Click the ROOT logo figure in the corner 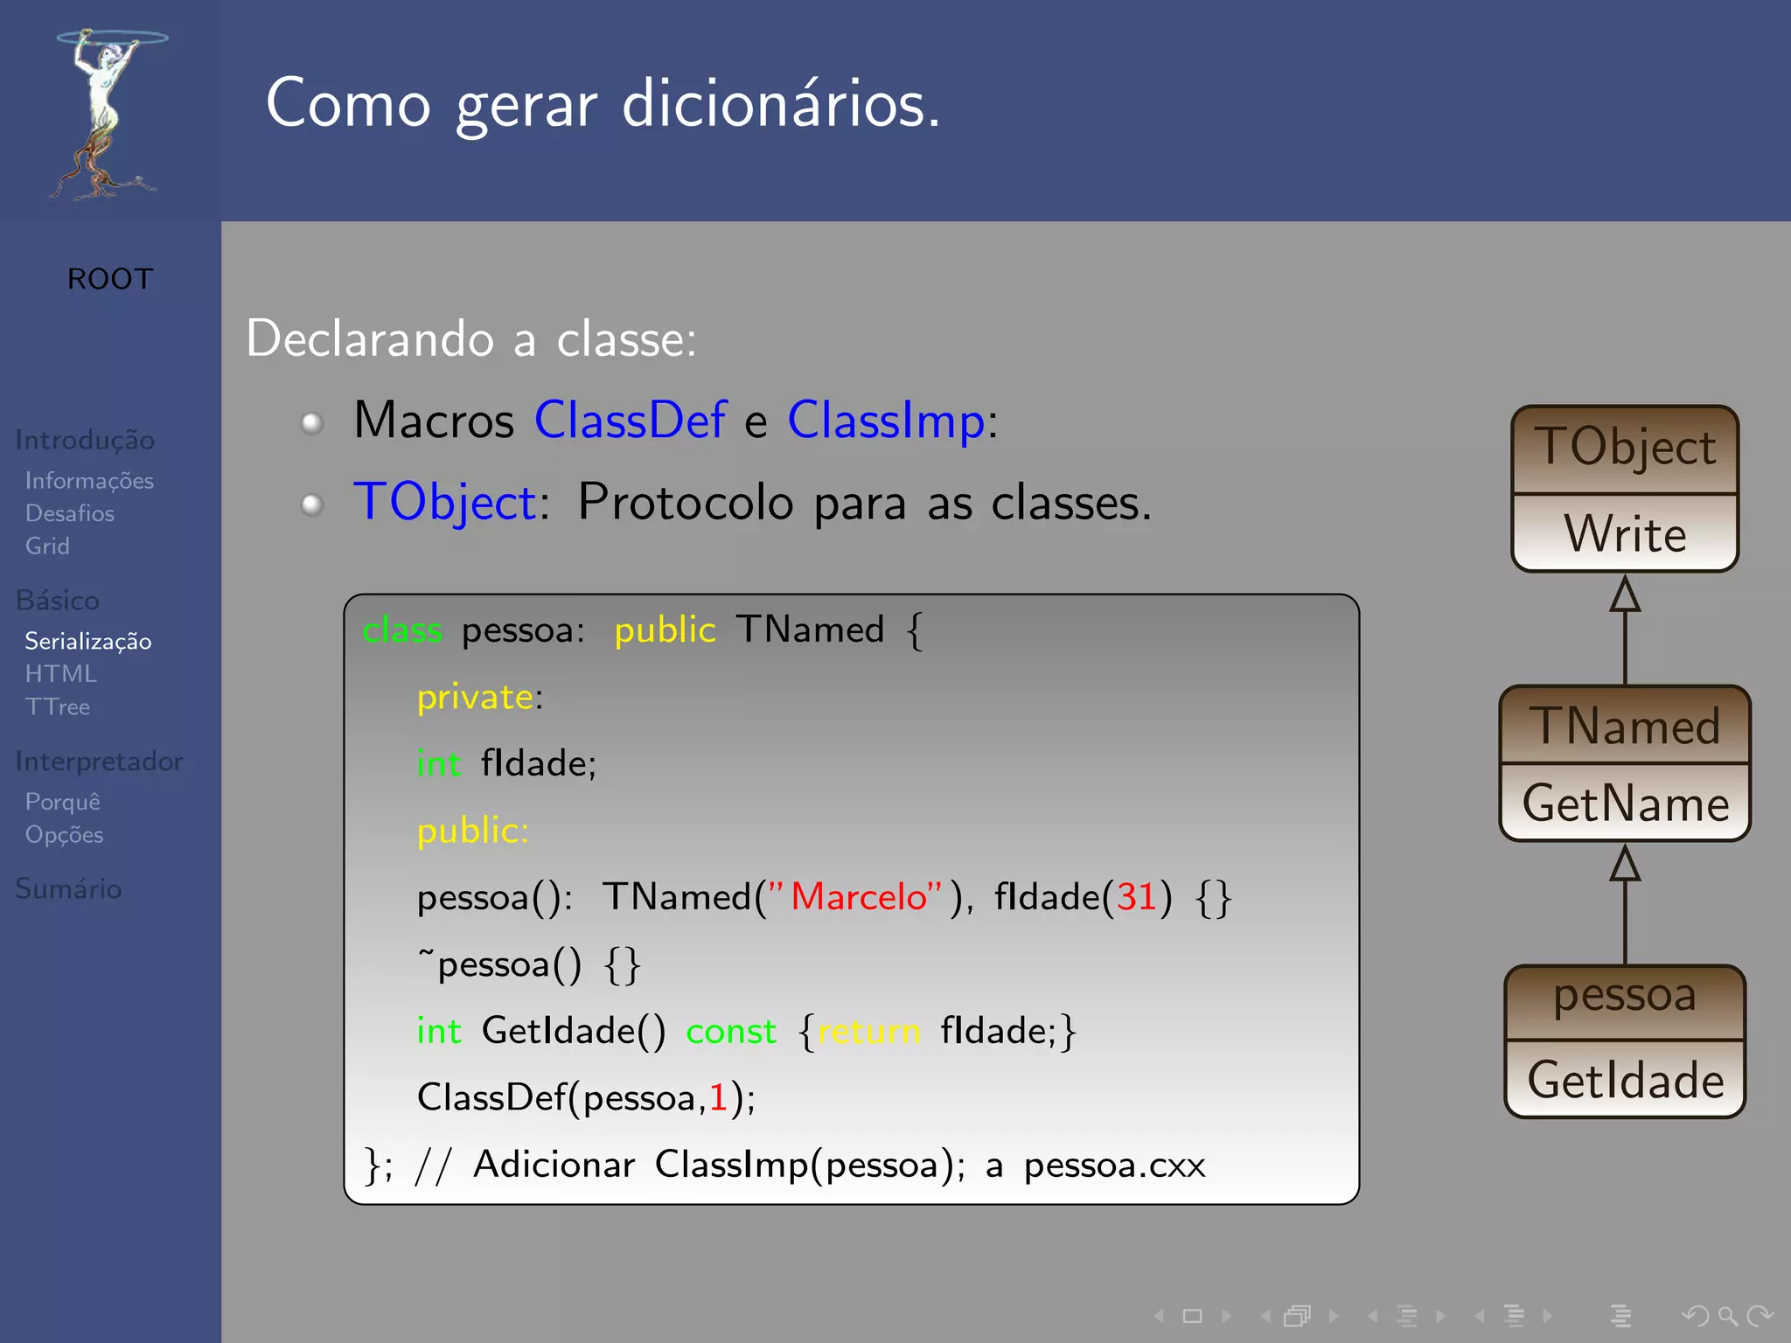coord(107,114)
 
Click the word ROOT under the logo coord(110,279)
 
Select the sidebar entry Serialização coord(87,642)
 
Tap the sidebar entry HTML coord(60,674)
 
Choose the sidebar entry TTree coord(58,707)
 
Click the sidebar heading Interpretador coord(99,762)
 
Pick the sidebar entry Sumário coord(68,889)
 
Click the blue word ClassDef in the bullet coord(630,421)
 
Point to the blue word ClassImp coord(886,421)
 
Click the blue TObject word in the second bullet coord(445,503)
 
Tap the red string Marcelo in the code coord(858,897)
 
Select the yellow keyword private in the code coord(475,698)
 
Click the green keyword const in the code coord(731,1032)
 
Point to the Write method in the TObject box coord(1625,534)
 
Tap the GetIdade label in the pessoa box coord(1625,1081)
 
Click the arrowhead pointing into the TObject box coord(1625,595)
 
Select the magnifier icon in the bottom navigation coord(1726,1315)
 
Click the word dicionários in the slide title coord(780,104)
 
